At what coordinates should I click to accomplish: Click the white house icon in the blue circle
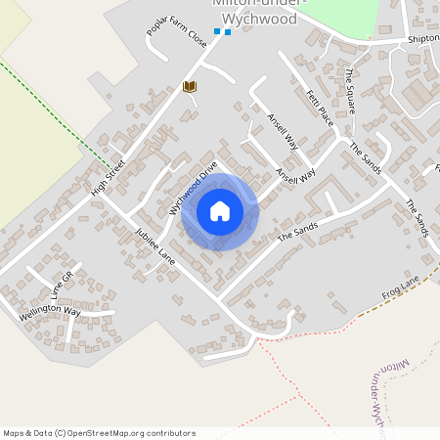219,211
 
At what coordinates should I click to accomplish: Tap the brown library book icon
191,87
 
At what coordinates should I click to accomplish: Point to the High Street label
109,177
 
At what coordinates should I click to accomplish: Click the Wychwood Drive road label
193,188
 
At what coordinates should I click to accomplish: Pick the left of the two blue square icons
217,31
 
